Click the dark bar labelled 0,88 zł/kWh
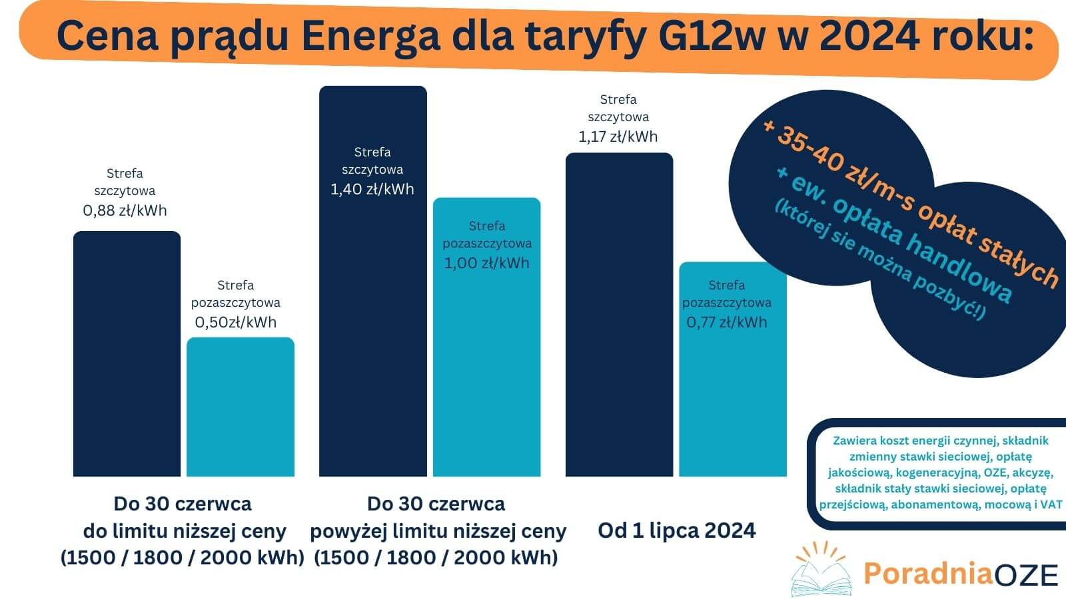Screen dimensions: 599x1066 [127, 353]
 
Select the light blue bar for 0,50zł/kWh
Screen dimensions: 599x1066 [240, 407]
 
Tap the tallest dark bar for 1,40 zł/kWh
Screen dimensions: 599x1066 [372, 333]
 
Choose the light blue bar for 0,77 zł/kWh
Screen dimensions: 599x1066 [733, 399]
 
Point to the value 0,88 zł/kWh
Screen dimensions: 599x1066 [125, 211]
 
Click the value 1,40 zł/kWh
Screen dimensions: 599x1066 [372, 190]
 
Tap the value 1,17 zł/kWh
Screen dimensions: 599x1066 [618, 137]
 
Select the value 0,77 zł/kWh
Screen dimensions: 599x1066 [726, 323]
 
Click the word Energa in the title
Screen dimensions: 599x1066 [370, 37]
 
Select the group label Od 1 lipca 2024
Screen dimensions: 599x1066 [676, 530]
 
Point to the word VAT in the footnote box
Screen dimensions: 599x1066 [1051, 504]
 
